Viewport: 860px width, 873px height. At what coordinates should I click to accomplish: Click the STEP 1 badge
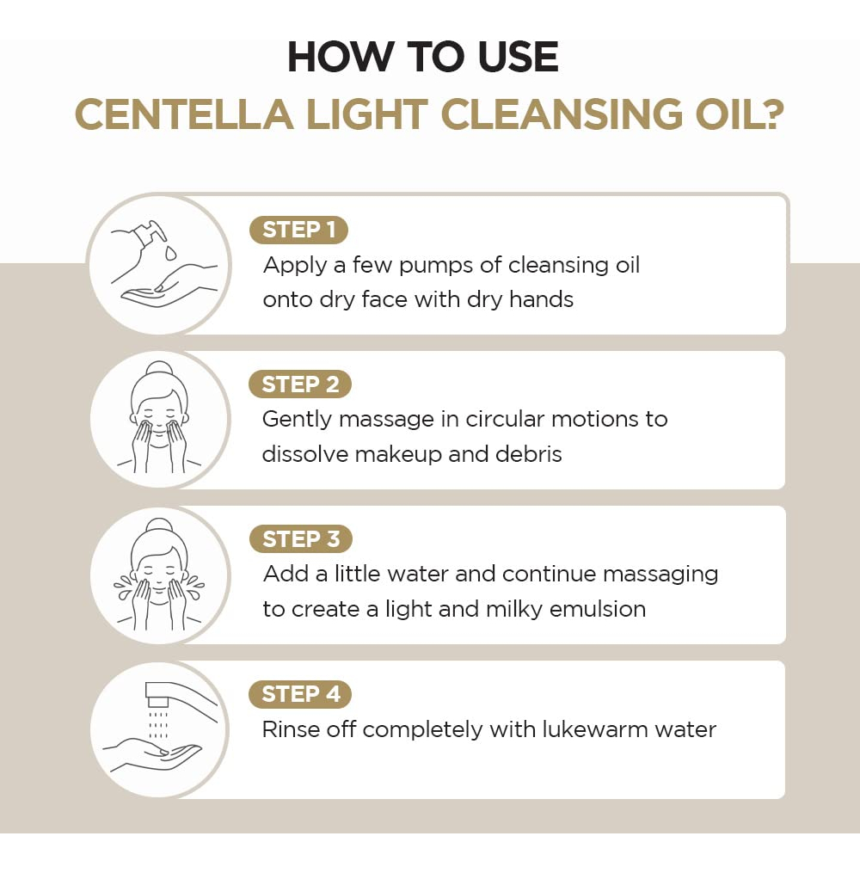coord(299,230)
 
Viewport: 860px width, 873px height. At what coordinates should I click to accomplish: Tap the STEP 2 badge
coord(300,384)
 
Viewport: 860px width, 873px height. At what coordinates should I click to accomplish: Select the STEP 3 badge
coord(301,539)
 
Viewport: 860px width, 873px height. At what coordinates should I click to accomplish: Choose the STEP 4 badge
coord(300,694)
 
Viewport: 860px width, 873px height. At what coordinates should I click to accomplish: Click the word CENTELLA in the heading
coord(184,115)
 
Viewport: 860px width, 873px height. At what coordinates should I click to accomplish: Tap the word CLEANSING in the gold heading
coord(562,115)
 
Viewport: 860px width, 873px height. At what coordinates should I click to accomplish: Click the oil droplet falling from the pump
coord(170,253)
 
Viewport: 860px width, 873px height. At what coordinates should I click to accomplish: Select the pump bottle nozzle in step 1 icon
coord(156,231)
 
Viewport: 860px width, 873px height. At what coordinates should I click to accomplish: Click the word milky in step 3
coord(513,610)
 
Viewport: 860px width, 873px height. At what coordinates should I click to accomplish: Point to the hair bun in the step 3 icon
coord(159,526)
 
